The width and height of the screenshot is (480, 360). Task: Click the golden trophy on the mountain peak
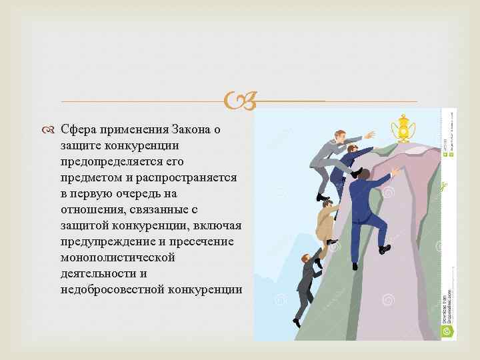click(403, 128)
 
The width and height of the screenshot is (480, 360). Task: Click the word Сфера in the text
click(77, 129)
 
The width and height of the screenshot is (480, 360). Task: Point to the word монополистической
click(117, 257)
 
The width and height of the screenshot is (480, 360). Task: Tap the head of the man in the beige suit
click(327, 207)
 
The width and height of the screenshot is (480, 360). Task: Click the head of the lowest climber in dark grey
click(305, 258)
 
